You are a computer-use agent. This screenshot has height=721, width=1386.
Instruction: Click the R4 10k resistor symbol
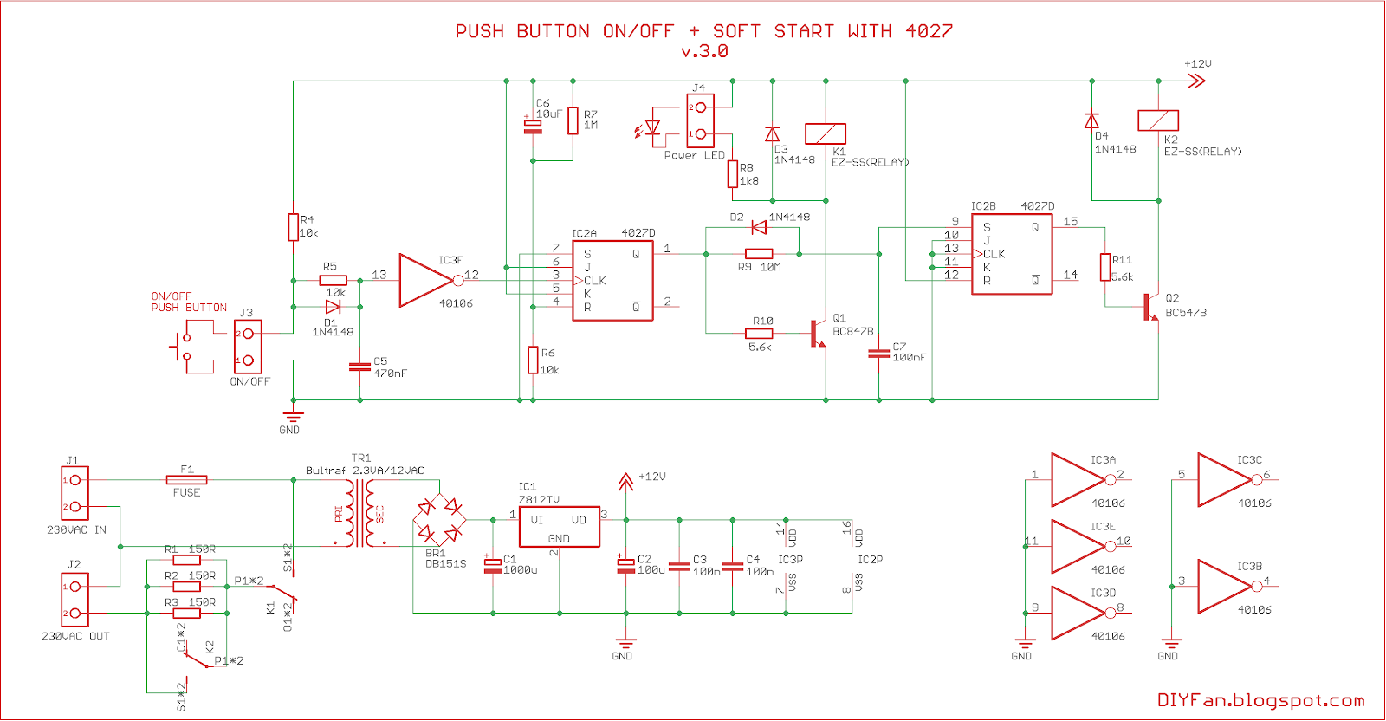(294, 227)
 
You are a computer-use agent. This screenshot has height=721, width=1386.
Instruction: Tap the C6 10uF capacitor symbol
(533, 127)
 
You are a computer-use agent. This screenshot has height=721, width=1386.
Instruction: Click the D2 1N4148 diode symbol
(759, 228)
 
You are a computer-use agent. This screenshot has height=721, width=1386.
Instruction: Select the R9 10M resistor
(759, 254)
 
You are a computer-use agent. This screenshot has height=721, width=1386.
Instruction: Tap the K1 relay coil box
(826, 133)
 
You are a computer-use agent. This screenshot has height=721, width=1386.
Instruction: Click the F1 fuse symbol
(187, 479)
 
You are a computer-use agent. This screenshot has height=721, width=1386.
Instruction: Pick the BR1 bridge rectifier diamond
(439, 520)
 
